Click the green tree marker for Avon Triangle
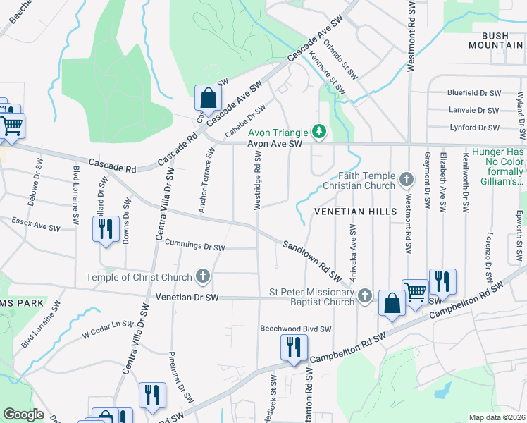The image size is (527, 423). (x=319, y=131)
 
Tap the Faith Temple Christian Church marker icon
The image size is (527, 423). (x=406, y=180)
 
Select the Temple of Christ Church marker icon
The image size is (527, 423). (x=204, y=276)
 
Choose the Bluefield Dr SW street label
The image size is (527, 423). (x=473, y=92)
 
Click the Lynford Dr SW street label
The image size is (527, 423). (x=474, y=128)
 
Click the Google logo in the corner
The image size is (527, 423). (x=24, y=414)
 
